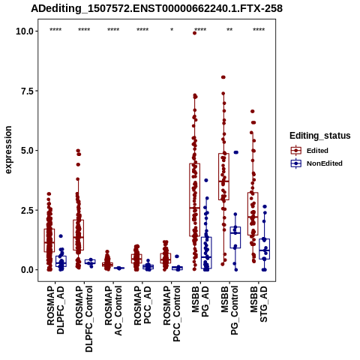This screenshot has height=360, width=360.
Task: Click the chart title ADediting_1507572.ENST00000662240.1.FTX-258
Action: point(157,8)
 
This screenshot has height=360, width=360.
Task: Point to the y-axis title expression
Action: point(8,150)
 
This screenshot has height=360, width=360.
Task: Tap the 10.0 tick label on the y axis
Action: point(25,31)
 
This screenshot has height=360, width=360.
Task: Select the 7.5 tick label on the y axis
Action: point(27,91)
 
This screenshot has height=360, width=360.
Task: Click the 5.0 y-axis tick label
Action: point(27,151)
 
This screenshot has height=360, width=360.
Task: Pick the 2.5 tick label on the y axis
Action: point(27,210)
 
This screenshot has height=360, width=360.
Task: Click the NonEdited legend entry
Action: point(316,163)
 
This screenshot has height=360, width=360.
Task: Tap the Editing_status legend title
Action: point(320,136)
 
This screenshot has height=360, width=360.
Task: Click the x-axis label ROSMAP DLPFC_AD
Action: point(55,310)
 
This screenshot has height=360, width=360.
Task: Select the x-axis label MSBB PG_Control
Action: point(229,310)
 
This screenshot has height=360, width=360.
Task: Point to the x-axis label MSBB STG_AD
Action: point(259,304)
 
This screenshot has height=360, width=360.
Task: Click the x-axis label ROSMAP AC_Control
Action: point(113,310)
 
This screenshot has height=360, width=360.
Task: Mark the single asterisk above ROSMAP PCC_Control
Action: point(172,30)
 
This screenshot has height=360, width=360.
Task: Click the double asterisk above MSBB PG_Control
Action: point(229,30)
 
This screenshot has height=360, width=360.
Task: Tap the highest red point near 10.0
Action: point(194,33)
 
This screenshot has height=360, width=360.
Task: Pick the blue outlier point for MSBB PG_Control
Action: point(235,152)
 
